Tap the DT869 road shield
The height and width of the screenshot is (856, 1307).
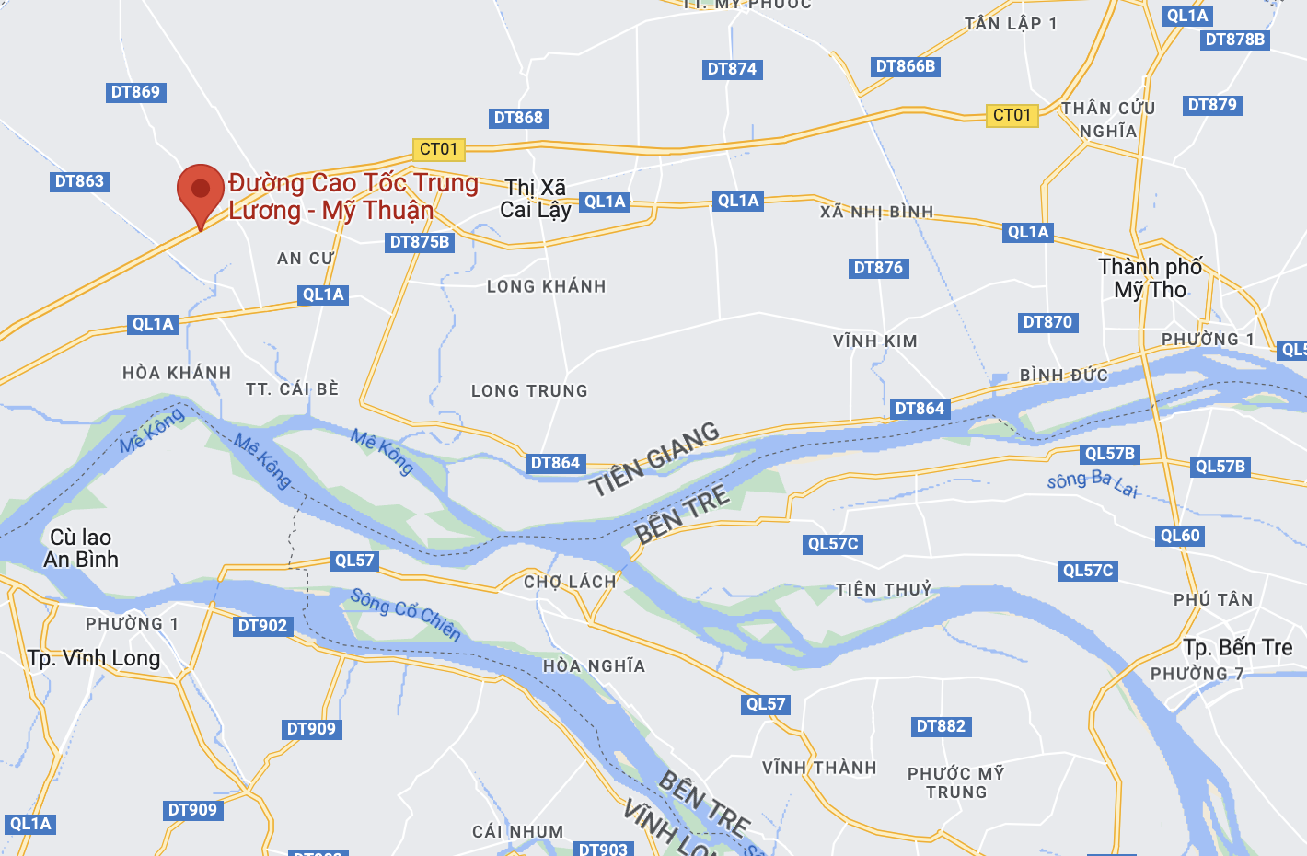[x=135, y=92]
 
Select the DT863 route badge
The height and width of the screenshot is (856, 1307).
[x=79, y=181]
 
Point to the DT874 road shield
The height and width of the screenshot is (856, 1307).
[x=732, y=69]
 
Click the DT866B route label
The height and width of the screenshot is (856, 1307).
[x=906, y=66]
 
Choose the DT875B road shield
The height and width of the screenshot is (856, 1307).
[x=420, y=242]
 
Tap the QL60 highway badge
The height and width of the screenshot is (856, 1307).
[x=1180, y=536]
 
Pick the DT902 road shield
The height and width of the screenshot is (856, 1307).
[x=263, y=626]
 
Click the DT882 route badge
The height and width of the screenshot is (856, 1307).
[x=941, y=726]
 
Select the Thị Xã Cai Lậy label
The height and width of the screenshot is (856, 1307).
[x=536, y=199]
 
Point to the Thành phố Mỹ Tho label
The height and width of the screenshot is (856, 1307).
[x=1150, y=278]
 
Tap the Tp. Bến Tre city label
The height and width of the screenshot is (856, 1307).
[x=1237, y=648]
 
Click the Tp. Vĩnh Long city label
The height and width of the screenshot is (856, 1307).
[x=94, y=658]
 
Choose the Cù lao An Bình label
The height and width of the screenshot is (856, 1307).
[x=81, y=549]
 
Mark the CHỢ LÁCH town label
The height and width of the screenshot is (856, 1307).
[x=570, y=582]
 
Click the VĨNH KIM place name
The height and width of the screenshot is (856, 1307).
[x=874, y=341]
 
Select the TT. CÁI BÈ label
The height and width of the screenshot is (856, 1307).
[x=293, y=389]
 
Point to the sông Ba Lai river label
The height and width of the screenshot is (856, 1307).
[x=1093, y=483]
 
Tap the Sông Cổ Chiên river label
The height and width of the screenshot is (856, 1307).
[x=405, y=614]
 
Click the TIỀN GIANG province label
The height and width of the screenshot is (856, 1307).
[x=654, y=458]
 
